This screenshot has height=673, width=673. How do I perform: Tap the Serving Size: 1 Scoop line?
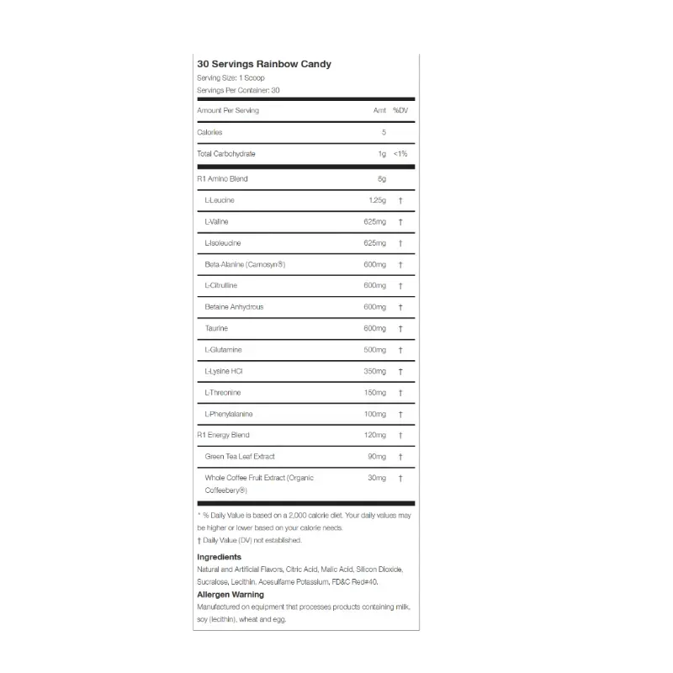coord(231,77)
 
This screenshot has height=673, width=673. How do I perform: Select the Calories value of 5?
coord(383,132)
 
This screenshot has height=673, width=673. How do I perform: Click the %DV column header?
coord(400,110)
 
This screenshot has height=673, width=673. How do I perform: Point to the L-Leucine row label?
coord(220,200)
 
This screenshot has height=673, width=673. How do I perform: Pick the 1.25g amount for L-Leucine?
coord(377,200)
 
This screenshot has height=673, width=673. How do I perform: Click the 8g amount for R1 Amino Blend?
coord(381,178)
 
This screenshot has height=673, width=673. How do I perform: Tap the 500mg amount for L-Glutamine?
coord(374,350)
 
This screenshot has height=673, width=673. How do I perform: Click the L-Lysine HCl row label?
coord(223,371)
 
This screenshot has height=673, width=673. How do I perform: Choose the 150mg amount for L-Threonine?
coord(374,393)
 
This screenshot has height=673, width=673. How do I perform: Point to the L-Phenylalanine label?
coord(229,414)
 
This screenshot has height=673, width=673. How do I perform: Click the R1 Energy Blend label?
coord(223,435)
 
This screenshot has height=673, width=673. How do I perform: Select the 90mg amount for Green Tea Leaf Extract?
coord(377,456)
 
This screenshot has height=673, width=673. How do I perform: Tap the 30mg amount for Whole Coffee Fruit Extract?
coord(377,478)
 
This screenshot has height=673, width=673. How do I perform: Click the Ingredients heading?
coord(219,557)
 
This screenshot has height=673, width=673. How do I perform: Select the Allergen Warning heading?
coord(230,594)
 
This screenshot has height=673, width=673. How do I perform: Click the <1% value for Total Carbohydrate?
coord(400,154)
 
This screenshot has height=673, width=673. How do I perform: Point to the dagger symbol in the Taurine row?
coord(400,329)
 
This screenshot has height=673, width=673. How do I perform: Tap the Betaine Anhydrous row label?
coord(234,307)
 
